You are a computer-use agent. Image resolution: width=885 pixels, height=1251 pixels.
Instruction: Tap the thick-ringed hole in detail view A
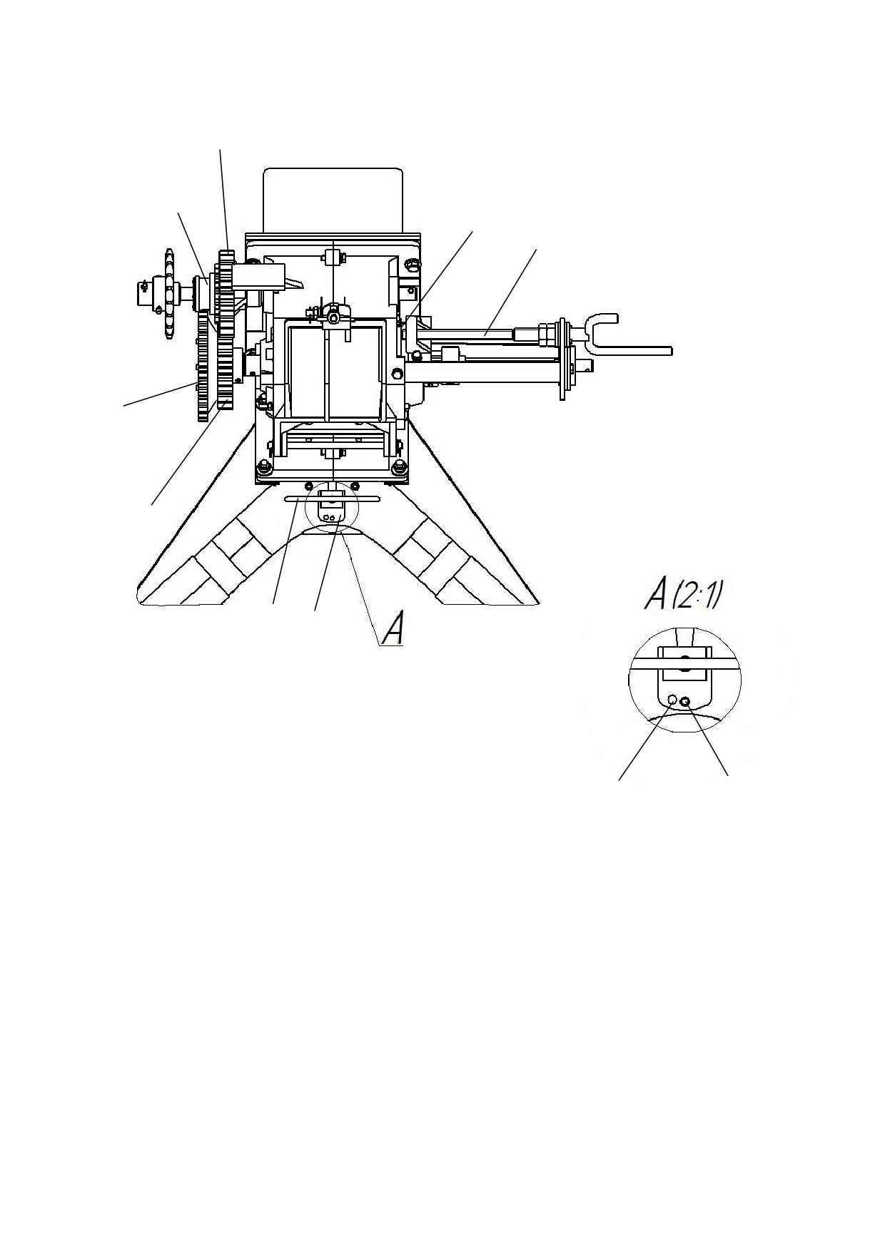pos(686,702)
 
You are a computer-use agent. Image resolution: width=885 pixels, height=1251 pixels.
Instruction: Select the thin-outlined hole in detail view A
pos(672,700)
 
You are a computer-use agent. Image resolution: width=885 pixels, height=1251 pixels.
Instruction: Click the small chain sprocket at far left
pos(169,294)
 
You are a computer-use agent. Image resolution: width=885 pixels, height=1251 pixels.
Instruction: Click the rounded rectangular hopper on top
pos(333,200)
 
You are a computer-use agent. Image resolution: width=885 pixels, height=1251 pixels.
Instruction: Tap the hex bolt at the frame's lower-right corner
pos(398,468)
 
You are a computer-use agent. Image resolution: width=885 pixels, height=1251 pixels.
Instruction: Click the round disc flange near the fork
pos(565,357)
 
